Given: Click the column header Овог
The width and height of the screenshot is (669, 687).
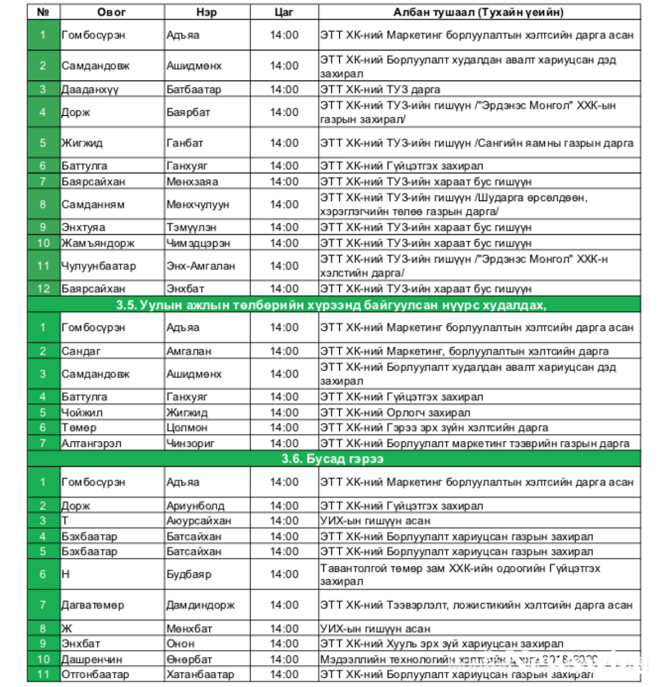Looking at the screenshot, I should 111,12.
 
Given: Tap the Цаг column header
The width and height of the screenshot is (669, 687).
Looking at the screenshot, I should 284,12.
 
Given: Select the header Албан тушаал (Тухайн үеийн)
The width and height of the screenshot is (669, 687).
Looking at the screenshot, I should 478,12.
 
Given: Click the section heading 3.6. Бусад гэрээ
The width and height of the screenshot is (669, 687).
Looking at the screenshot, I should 333,459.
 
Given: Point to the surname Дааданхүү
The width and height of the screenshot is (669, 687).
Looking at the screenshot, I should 90,89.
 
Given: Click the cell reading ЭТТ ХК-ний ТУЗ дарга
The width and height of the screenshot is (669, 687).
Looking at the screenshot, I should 380,89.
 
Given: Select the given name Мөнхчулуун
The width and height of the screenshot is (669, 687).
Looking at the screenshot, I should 198,205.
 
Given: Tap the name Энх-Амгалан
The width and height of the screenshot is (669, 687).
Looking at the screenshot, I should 201,266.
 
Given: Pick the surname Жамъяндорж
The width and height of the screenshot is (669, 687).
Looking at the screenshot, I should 98,243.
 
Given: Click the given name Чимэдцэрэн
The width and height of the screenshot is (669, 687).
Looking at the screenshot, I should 198,243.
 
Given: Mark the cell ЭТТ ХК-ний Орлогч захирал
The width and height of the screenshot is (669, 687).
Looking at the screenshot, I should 395,413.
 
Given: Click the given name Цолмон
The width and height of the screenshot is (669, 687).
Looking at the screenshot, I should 187,428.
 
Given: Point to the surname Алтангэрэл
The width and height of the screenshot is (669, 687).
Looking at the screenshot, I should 91,443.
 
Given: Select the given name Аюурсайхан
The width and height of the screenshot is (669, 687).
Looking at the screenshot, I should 198,521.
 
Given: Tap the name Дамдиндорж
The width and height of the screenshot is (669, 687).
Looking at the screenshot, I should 200,605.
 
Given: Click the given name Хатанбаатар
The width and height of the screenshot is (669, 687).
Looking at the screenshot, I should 200,674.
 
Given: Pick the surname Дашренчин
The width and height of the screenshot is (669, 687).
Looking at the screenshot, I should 91,659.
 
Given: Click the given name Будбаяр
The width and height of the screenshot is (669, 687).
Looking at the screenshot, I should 188,574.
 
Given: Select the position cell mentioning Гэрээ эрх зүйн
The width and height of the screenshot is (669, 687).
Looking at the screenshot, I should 434,428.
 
